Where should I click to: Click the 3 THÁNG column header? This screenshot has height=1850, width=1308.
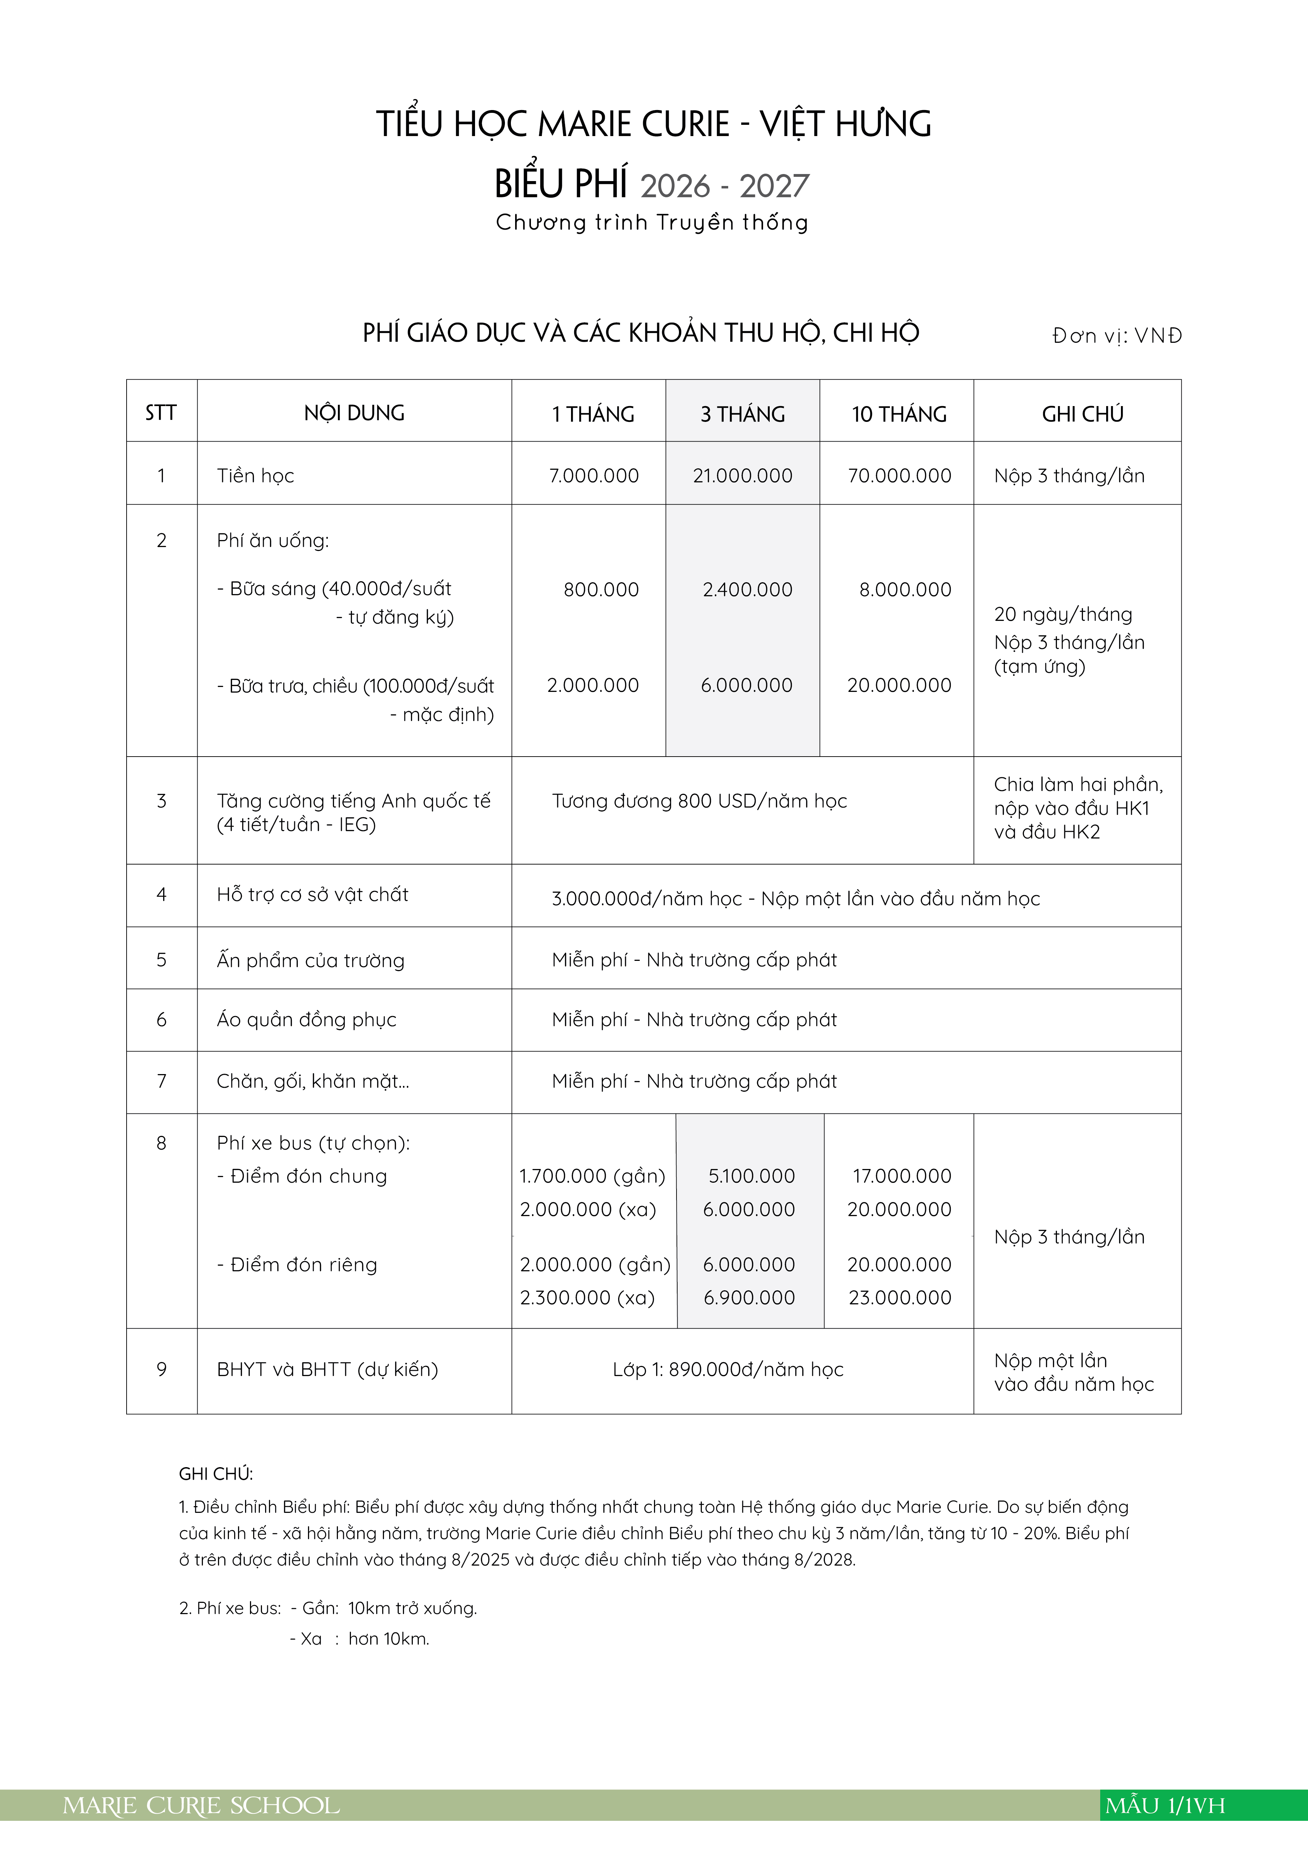click(742, 414)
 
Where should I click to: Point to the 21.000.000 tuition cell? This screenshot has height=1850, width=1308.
click(742, 475)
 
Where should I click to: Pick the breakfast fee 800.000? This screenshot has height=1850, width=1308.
click(601, 589)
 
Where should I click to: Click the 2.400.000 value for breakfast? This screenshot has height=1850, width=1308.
click(747, 589)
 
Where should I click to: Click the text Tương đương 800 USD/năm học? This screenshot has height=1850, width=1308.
click(699, 801)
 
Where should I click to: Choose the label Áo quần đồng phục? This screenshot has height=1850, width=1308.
click(306, 1019)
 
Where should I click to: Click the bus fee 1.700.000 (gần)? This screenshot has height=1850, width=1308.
click(591, 1176)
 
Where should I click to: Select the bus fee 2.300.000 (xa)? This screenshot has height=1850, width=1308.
click(587, 1297)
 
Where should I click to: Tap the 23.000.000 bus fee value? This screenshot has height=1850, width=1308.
click(899, 1297)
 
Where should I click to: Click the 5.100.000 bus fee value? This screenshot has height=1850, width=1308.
click(751, 1176)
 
